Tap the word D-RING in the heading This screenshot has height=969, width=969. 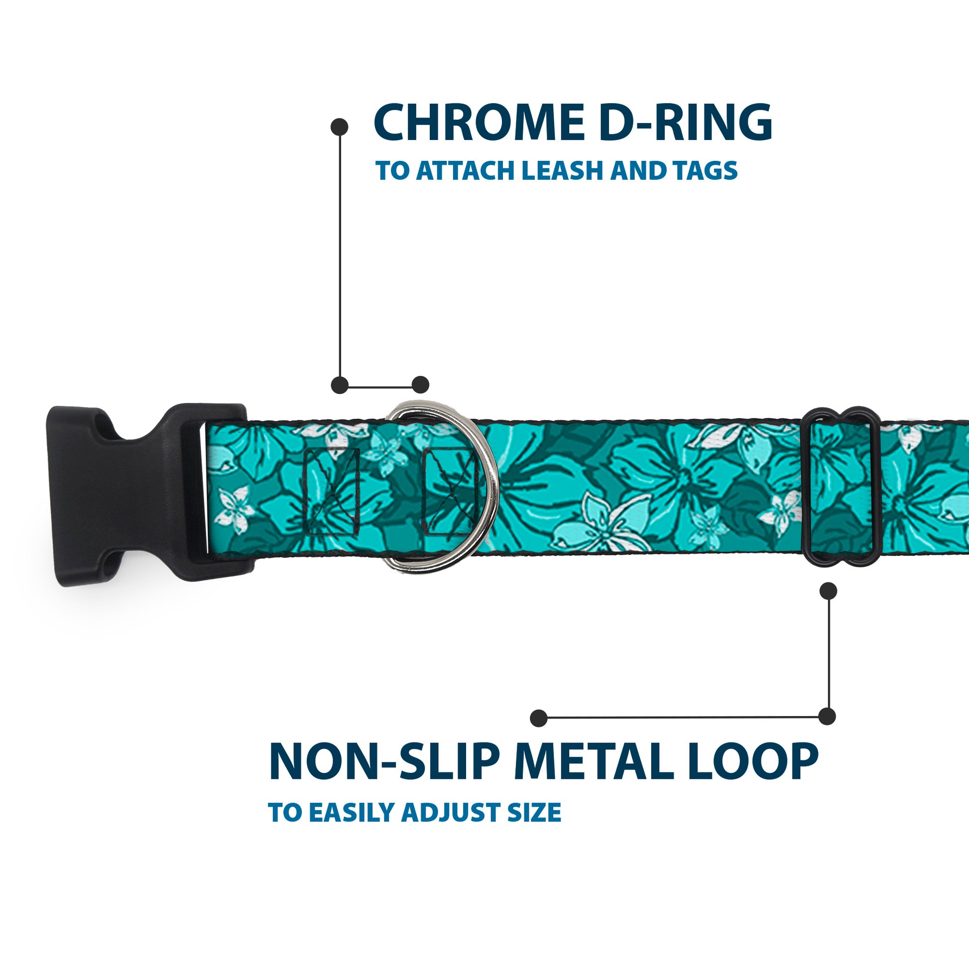(x=685, y=123)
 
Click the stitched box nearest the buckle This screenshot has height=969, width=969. (x=332, y=491)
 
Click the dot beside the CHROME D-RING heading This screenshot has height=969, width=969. (x=340, y=126)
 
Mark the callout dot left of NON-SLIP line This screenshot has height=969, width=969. (x=539, y=718)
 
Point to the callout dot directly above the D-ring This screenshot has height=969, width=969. (x=420, y=385)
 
